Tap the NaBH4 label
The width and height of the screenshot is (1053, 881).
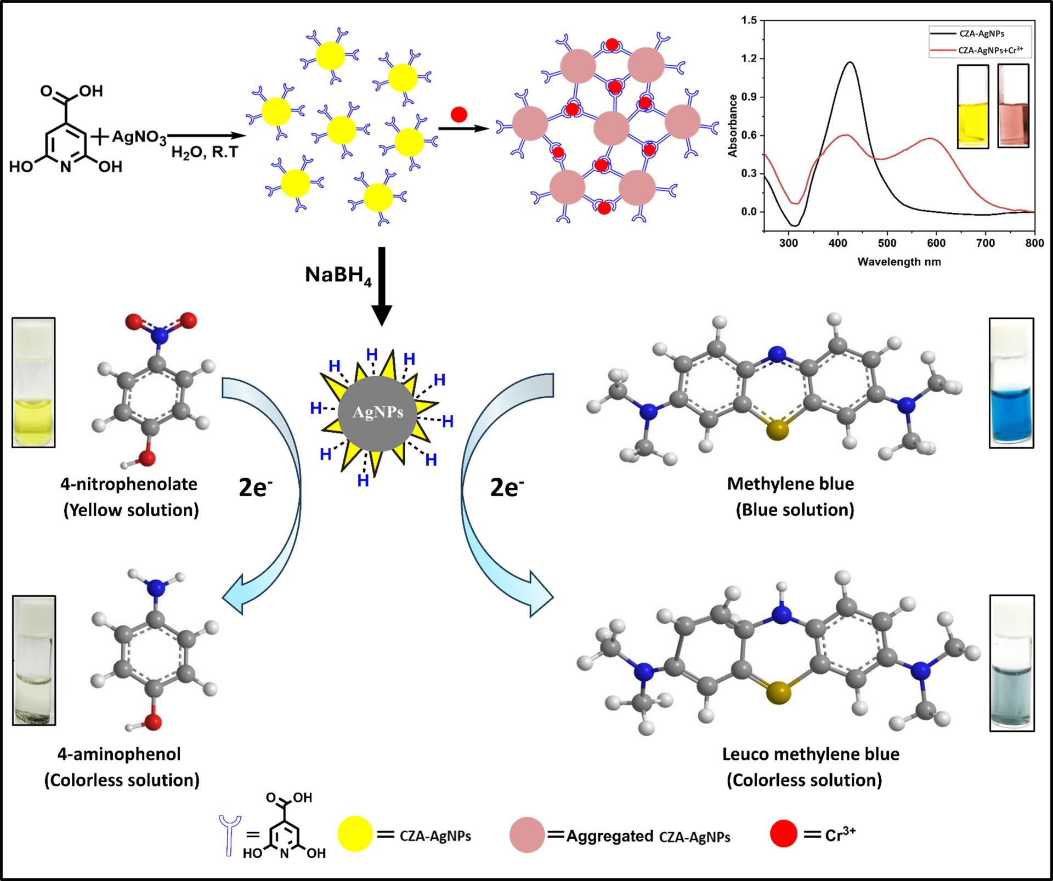[338, 275]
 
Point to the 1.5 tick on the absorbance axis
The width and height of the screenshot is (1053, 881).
[749, 20]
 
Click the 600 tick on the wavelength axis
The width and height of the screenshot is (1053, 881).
[936, 244]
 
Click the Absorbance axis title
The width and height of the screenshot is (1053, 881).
[733, 126]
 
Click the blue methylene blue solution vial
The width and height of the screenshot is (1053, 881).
[1011, 383]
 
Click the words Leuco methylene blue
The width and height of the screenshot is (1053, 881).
[811, 754]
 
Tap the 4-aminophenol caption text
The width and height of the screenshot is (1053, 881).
[119, 754]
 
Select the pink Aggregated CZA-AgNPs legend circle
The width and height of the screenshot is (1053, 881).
[527, 835]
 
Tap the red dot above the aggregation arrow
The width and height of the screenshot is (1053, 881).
[458, 114]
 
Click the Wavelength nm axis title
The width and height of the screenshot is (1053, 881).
[899, 262]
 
